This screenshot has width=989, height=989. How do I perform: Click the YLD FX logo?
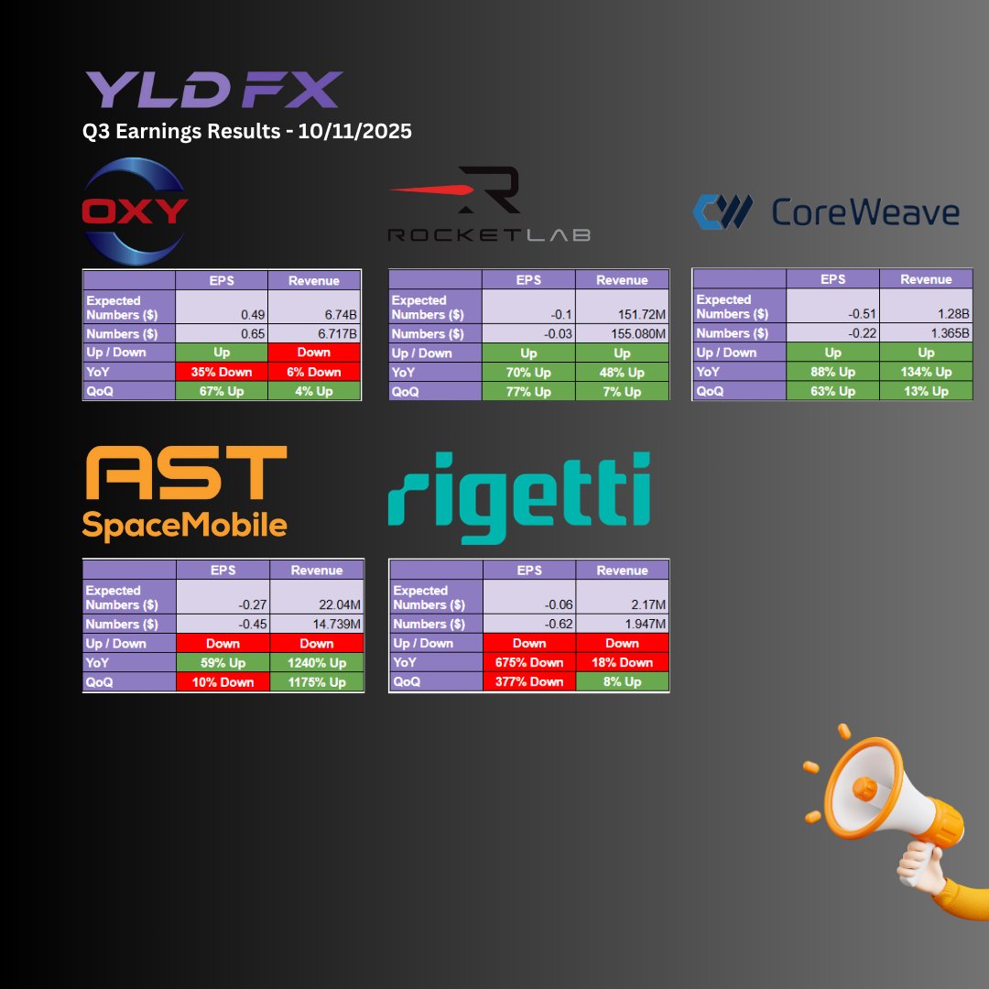click(213, 90)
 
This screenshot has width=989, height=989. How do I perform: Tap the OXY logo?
click(135, 211)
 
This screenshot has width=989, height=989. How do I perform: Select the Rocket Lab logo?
click(489, 205)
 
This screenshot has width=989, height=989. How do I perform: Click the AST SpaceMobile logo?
click(185, 493)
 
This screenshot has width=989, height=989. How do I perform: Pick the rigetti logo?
click(519, 495)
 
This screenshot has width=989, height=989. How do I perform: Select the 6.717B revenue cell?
click(314, 333)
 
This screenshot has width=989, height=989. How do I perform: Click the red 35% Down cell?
click(222, 372)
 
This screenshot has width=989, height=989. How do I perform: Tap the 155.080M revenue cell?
click(622, 333)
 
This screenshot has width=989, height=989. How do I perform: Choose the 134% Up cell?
click(926, 371)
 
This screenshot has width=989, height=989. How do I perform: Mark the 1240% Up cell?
click(317, 662)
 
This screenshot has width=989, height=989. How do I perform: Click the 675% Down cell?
click(529, 662)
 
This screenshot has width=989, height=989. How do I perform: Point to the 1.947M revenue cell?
click(622, 624)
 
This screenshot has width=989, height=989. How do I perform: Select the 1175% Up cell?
click(317, 681)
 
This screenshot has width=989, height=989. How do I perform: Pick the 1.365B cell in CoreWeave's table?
click(926, 332)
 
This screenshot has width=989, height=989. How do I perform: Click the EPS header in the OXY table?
click(222, 280)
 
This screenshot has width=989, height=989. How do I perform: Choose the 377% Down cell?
click(529, 681)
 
